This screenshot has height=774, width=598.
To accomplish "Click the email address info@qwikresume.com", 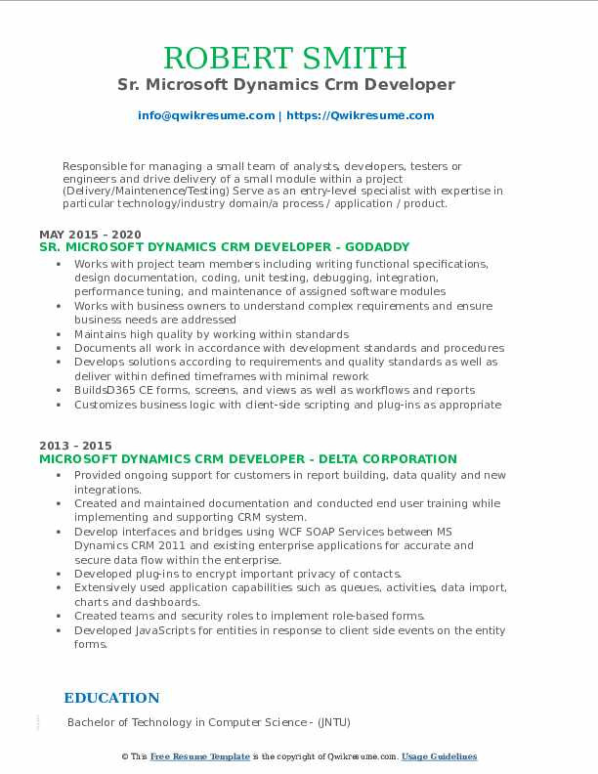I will click(206, 115).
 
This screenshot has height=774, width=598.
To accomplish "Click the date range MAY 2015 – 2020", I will click(90, 235).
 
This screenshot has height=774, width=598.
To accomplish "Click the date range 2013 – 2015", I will click(76, 446).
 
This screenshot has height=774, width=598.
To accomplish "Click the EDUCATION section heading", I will click(111, 698).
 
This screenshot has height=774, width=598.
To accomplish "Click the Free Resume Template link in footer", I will click(200, 756).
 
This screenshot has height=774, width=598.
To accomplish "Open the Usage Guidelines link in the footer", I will click(439, 756).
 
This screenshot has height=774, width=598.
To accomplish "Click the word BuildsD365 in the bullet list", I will click(106, 390).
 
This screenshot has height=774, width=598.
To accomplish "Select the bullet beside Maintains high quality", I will click(61, 334).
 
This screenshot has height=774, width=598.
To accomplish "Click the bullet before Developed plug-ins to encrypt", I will click(61, 574).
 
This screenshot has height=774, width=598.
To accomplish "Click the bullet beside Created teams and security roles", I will click(61, 617).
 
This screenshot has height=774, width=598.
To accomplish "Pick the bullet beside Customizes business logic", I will click(61, 405).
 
